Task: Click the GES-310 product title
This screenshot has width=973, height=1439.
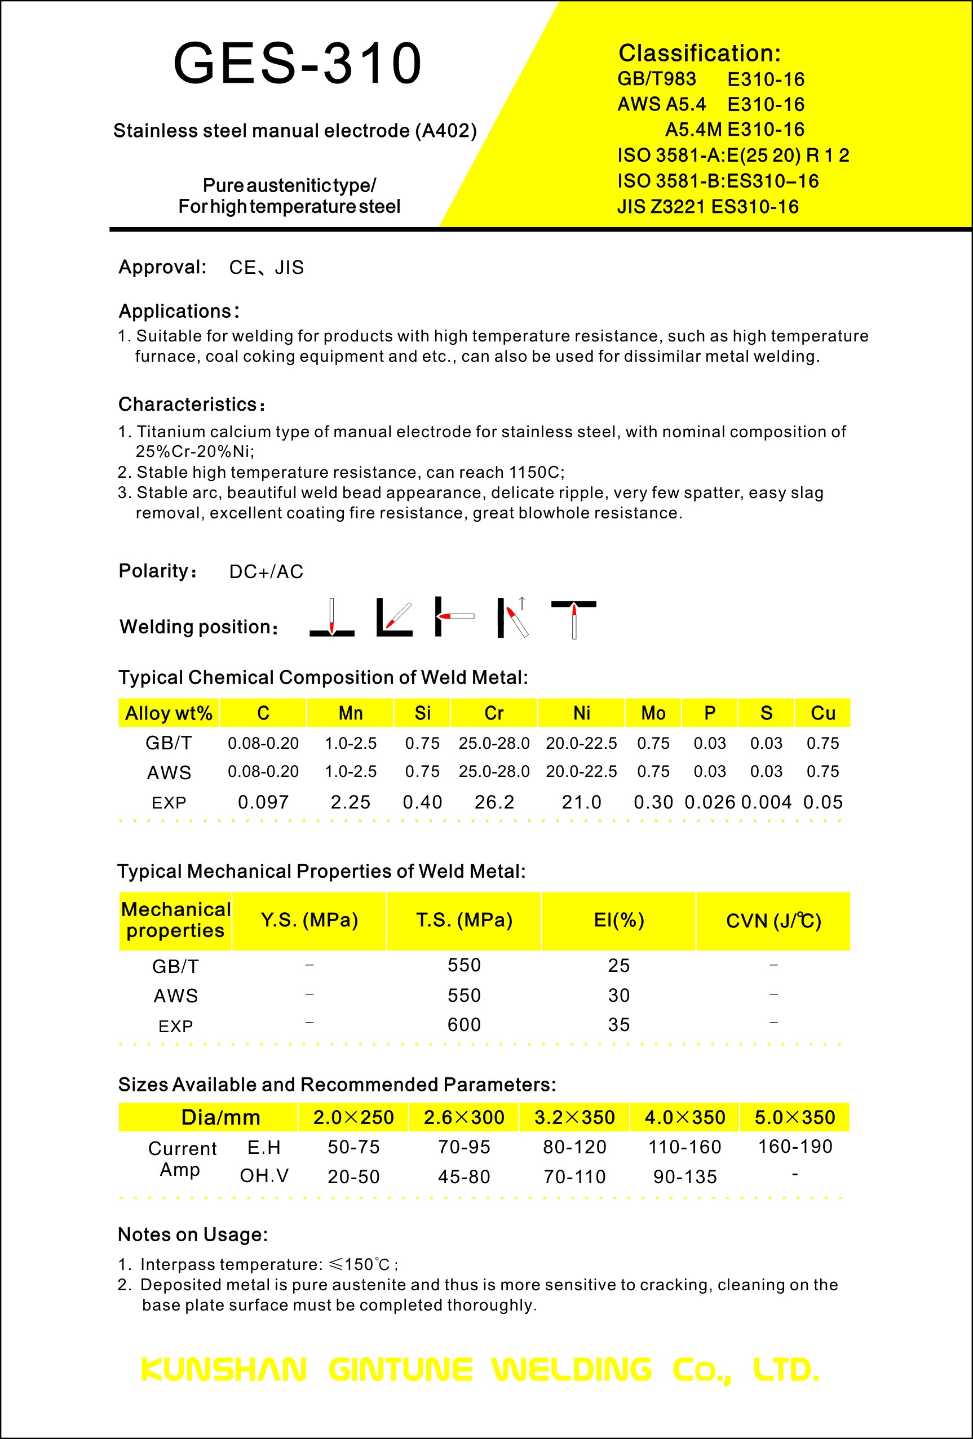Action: (x=297, y=63)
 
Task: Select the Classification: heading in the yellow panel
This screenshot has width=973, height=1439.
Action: (x=699, y=54)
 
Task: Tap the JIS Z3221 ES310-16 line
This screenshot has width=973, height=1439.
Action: (x=707, y=207)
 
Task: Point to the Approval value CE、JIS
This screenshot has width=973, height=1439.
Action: (x=266, y=268)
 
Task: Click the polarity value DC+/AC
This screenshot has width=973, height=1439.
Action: (x=266, y=571)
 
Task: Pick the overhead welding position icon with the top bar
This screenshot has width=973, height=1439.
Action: (x=573, y=619)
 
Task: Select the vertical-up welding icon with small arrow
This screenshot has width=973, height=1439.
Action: (x=514, y=618)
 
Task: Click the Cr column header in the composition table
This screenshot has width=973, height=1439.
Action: (x=494, y=713)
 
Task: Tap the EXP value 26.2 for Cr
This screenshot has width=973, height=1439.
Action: (x=494, y=802)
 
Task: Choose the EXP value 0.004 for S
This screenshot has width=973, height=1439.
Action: (x=766, y=802)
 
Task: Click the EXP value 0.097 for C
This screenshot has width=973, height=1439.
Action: (x=263, y=802)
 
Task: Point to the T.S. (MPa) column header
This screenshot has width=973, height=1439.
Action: (x=464, y=920)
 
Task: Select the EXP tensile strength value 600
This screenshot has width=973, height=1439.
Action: (x=464, y=1025)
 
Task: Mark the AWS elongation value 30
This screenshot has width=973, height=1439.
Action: (x=619, y=996)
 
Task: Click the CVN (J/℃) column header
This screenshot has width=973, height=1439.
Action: (x=773, y=921)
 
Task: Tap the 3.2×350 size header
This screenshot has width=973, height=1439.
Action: (x=574, y=1118)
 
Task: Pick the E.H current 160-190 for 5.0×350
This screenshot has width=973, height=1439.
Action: (x=795, y=1147)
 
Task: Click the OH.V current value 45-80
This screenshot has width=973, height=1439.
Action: (x=464, y=1177)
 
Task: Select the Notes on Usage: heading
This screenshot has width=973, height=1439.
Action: (x=193, y=1234)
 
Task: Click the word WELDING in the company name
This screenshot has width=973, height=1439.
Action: (x=572, y=1370)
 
